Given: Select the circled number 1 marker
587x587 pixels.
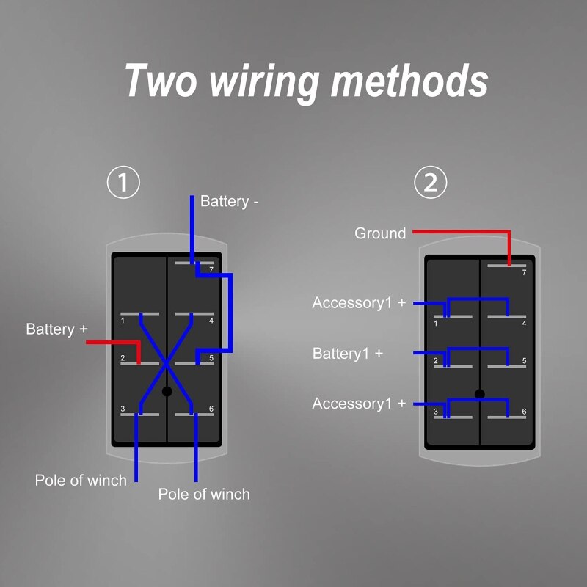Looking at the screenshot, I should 123,183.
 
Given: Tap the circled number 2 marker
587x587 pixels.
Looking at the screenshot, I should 431,183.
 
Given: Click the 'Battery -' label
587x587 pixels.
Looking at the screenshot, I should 230,201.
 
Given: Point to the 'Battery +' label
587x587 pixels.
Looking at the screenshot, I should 51,329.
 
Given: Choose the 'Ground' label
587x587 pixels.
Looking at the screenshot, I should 380,233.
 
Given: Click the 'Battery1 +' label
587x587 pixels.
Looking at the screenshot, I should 348,353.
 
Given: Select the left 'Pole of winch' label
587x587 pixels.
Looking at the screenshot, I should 81,481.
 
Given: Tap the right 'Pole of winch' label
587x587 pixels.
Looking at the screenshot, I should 204,494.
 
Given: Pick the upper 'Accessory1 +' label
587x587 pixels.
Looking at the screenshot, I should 359,302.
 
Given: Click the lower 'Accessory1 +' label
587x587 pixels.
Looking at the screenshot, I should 359,404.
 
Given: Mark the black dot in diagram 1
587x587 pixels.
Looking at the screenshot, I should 167,392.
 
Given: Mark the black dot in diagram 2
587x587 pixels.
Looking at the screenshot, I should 480,394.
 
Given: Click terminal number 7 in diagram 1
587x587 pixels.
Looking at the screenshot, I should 211,270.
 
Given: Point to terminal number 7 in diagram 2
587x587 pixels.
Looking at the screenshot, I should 524,273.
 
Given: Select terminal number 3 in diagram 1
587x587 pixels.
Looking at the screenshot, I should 123,409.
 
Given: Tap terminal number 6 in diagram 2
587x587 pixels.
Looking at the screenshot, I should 524,412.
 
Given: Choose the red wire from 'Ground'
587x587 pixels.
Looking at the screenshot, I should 462,232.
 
